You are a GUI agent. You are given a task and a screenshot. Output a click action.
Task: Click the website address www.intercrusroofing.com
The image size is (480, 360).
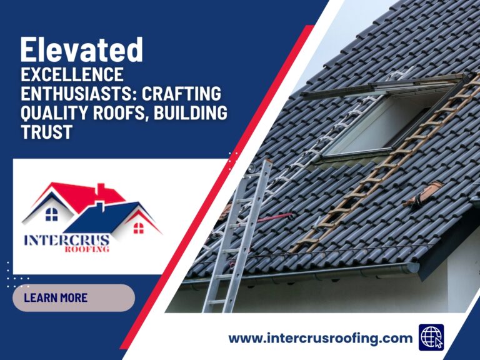tap(320, 338)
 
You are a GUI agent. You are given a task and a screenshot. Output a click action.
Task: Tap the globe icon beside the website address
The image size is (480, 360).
tap(431, 337)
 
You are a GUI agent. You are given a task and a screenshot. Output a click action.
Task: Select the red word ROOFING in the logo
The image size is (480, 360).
tap(87, 249)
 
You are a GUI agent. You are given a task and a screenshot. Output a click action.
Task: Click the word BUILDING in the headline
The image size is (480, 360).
tap(193, 114)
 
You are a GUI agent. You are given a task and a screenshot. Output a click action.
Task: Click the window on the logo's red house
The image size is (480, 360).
tap(51, 214)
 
